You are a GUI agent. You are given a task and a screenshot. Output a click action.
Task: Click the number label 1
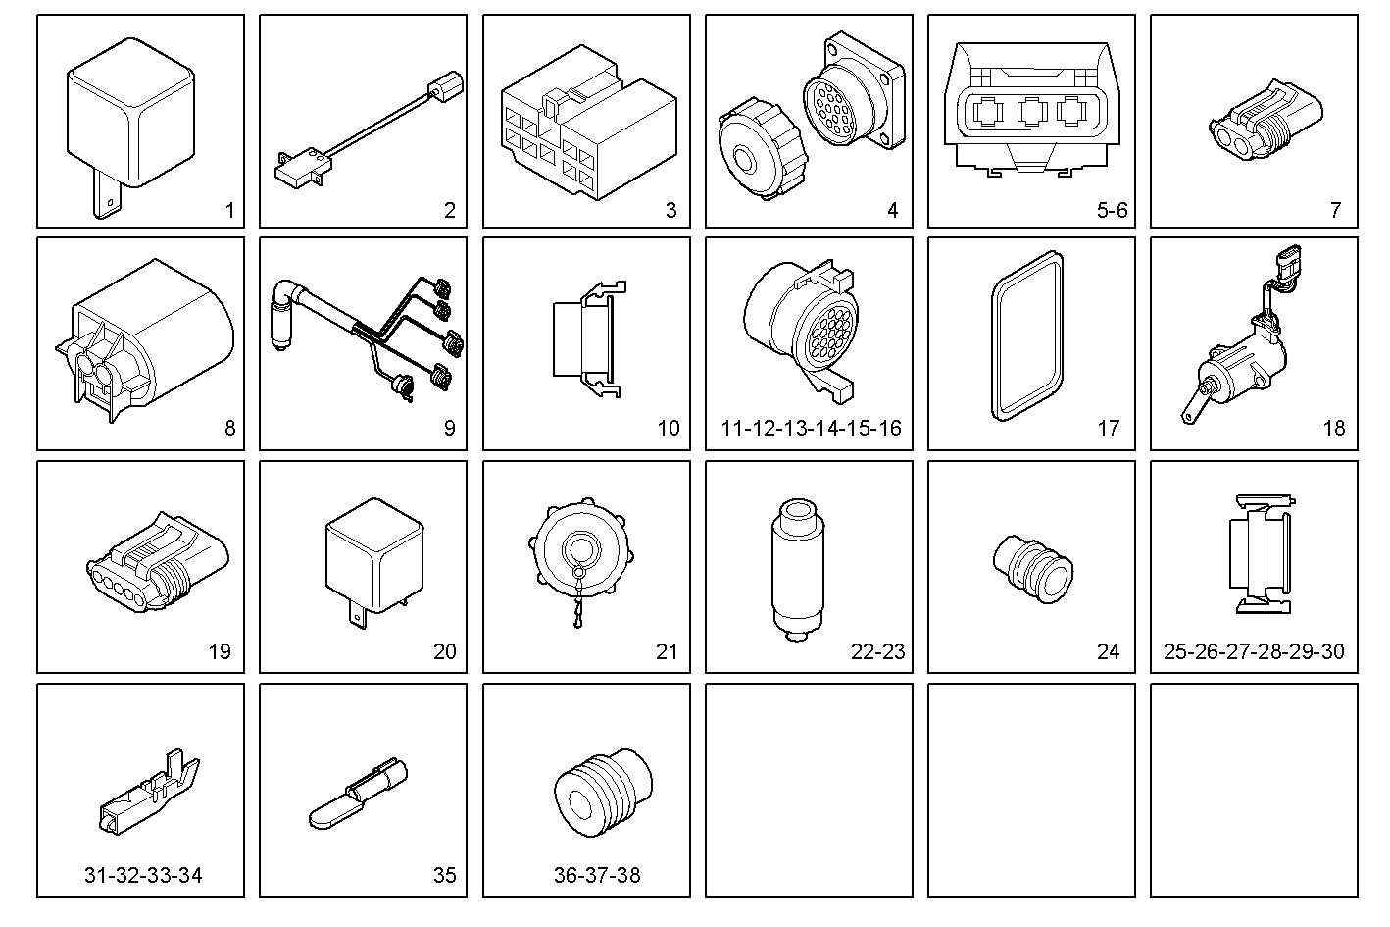click(x=229, y=210)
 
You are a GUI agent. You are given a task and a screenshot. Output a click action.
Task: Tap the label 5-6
click(x=1112, y=210)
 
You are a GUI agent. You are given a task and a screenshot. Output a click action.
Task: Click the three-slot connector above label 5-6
click(x=1031, y=113)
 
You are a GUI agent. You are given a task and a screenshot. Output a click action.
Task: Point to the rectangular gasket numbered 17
click(x=1023, y=334)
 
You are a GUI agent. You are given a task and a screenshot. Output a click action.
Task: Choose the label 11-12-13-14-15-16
click(x=811, y=428)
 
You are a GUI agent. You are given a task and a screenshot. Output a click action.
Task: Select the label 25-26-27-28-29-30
click(x=1254, y=651)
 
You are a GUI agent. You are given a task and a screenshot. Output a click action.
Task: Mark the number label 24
click(x=1108, y=651)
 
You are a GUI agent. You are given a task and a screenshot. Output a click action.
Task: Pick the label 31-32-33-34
click(x=143, y=875)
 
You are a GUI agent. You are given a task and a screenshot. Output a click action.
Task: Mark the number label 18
click(x=1333, y=428)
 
